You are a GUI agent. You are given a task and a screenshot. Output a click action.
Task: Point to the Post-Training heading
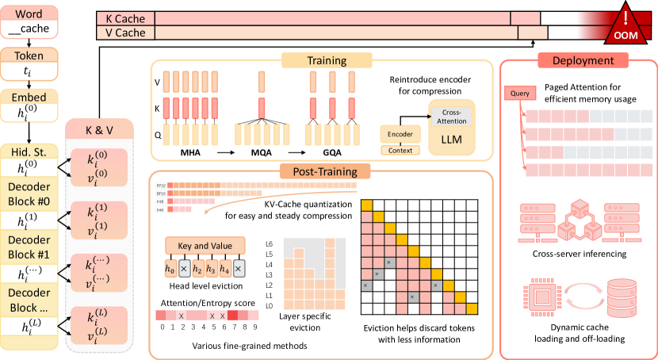[x=320, y=170]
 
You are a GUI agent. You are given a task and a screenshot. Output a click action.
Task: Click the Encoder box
[x=400, y=135]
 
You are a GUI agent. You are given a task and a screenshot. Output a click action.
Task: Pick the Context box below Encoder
[x=400, y=150]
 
